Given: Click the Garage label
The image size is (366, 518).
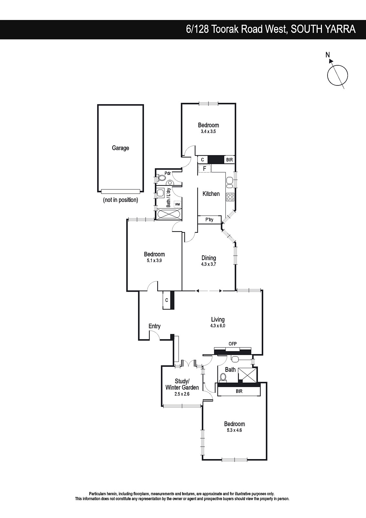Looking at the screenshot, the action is pos(120,148).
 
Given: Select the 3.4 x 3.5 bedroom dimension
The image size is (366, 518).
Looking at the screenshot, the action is pos(208,131).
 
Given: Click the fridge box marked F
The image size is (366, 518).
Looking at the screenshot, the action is pos(205,168).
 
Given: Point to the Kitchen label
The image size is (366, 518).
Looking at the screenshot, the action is pos(211,194).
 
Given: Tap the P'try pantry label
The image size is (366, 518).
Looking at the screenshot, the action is pos(209,220).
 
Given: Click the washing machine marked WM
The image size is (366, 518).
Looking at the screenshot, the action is pos(177,204).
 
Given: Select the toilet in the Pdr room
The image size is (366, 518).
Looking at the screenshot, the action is pos(161,178).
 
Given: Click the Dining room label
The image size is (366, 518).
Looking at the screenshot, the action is pos(209,258).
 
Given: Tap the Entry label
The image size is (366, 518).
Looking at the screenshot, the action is pos(154,326).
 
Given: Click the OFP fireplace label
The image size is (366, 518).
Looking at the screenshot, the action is pos(233,344).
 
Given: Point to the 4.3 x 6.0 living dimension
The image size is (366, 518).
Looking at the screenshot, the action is pos(218,326).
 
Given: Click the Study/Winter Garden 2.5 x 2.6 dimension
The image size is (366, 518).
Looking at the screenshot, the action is pos(182,394).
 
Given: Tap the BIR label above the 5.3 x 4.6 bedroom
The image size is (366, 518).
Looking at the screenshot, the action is pos(239,391).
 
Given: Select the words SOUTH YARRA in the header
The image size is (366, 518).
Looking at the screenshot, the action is pos(323,29).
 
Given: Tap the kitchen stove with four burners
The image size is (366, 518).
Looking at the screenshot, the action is pos(230,197).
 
